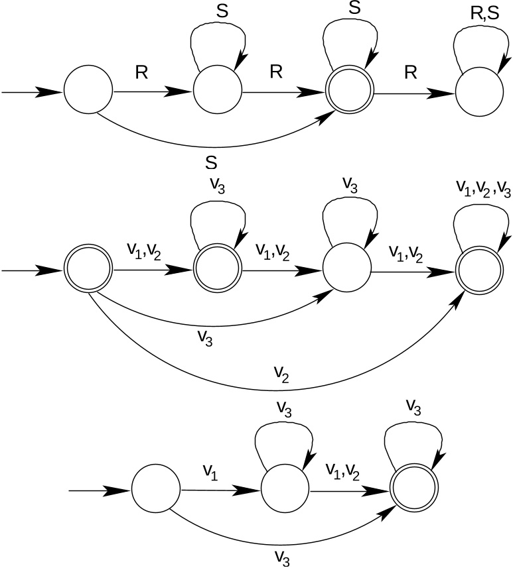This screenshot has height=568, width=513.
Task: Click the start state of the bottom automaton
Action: click(156, 491)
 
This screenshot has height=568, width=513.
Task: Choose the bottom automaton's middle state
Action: click(285, 491)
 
